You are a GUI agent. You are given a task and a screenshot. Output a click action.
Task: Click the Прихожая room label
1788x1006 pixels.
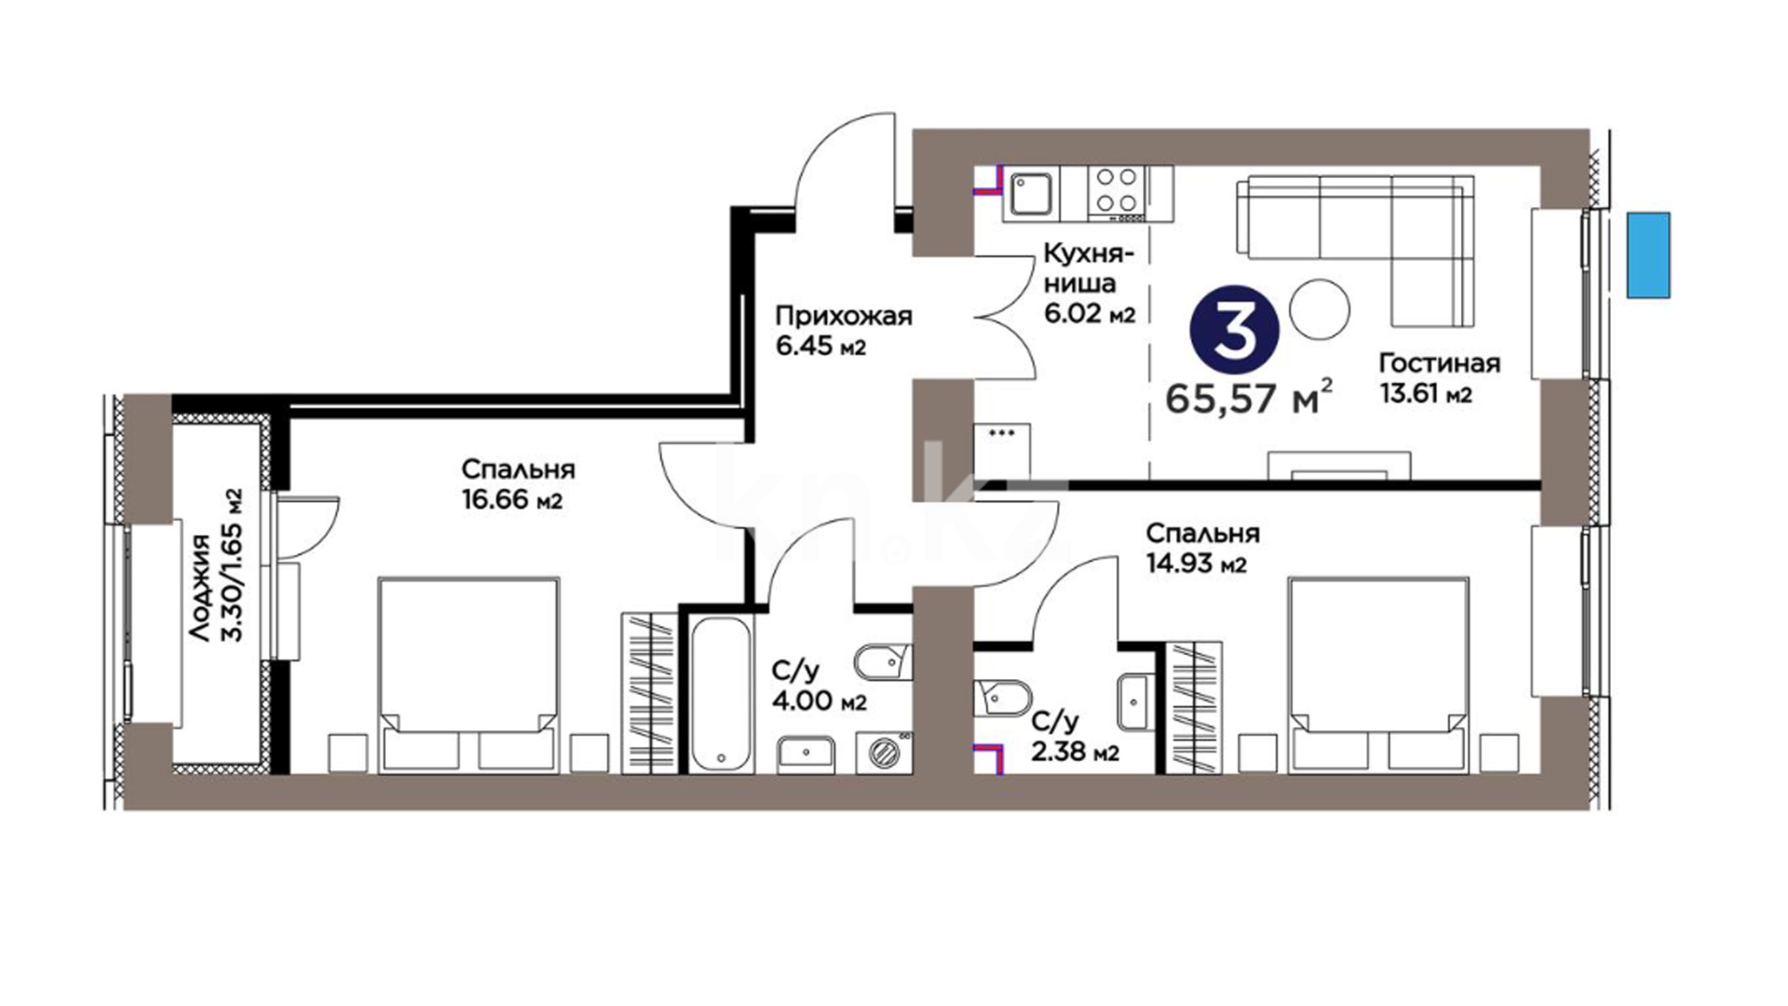tap(844, 317)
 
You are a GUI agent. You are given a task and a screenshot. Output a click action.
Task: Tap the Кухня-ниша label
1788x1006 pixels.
tap(1088, 267)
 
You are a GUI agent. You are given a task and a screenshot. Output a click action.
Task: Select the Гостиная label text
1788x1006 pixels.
tap(1440, 363)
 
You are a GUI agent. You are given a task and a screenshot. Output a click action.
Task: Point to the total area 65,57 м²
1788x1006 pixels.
tap(1249, 398)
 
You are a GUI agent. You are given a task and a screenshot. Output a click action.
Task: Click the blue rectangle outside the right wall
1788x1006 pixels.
tap(1648, 255)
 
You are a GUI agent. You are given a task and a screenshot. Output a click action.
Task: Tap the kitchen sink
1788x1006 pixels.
tap(1030, 195)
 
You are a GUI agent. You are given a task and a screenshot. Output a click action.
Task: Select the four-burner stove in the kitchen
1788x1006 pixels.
tap(1117, 193)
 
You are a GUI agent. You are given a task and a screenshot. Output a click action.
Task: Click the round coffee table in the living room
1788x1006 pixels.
tap(1320, 310)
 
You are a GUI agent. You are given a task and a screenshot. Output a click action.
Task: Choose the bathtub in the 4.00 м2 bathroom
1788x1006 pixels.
tap(721, 693)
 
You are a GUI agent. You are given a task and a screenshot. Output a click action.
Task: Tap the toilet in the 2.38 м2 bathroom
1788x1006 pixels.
tap(1002, 696)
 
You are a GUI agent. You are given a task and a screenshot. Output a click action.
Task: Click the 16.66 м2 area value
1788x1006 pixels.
tap(512, 500)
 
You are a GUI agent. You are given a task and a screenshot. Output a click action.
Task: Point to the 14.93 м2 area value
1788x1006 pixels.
tap(1196, 564)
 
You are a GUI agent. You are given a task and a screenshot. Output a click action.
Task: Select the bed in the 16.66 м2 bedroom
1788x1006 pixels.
tap(468, 674)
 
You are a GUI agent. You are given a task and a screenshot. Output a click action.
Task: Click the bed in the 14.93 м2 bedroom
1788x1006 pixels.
tap(1378, 674)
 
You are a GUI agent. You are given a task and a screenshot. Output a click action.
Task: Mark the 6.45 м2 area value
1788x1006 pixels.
tap(820, 347)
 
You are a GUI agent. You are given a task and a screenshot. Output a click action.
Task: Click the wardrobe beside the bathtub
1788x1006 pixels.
tap(649, 692)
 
